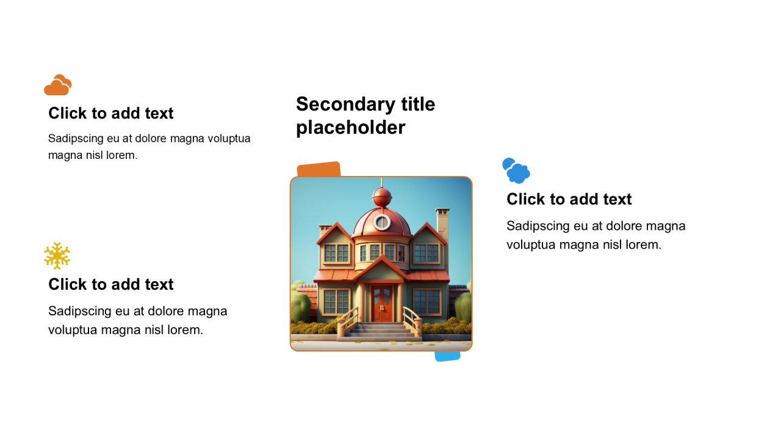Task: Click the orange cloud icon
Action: tap(58, 85)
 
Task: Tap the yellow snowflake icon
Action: tap(57, 256)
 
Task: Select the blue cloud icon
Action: tap(516, 170)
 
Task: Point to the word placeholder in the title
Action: tap(351, 127)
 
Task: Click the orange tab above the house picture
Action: tap(319, 169)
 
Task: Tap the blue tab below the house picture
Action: tap(447, 356)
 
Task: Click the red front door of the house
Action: tap(382, 304)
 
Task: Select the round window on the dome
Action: tap(382, 222)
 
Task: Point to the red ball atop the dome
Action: tap(382, 197)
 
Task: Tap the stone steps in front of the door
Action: tap(380, 331)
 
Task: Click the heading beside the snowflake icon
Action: tap(111, 284)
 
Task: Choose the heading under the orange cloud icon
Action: tap(111, 113)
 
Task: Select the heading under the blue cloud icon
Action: tap(569, 199)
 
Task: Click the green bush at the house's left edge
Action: tap(300, 307)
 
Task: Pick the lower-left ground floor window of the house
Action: tap(336, 302)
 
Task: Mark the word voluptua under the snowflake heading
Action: tap(73, 330)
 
